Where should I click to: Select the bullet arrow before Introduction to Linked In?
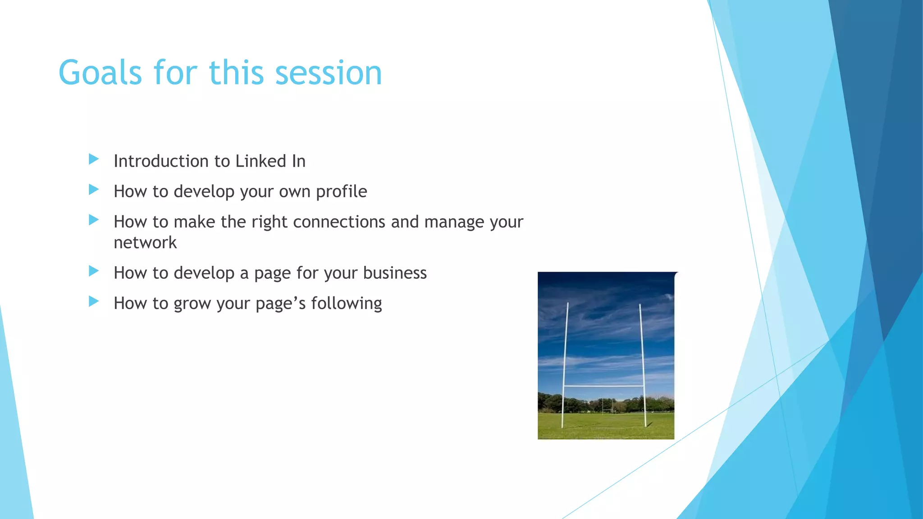coord(94,159)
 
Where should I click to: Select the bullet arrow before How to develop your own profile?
coord(94,190)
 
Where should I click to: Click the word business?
coord(395,273)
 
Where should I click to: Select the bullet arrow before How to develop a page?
coord(94,271)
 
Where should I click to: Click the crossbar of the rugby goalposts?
coord(603,386)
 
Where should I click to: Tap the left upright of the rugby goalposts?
coord(565,360)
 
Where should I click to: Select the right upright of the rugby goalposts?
coord(642,360)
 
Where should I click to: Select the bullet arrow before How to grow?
coord(94,301)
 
